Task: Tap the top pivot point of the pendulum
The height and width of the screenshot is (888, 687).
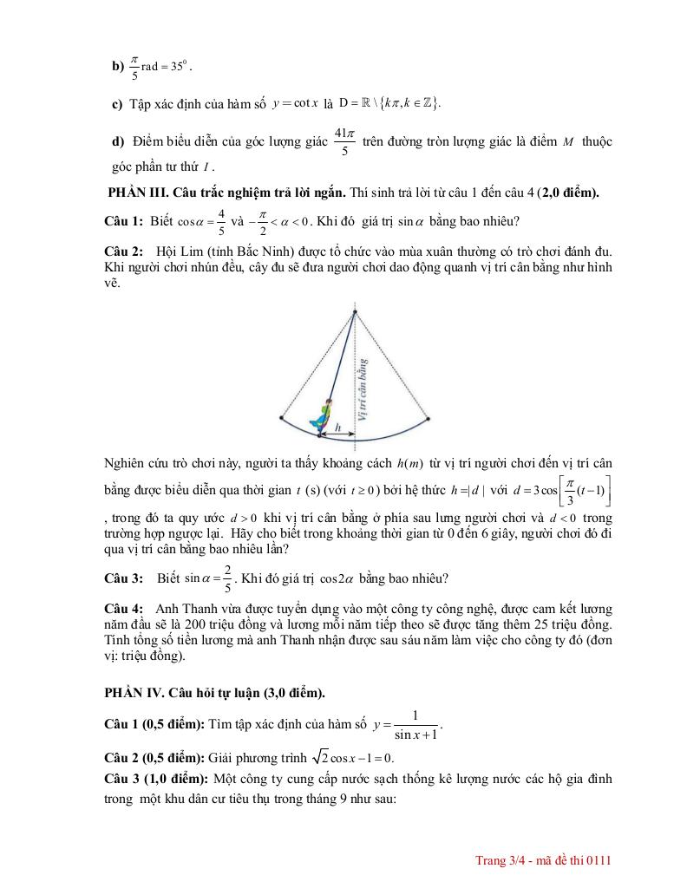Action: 354,310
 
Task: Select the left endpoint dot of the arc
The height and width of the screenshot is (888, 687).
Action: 282,418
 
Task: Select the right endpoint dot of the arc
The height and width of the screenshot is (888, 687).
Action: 427,418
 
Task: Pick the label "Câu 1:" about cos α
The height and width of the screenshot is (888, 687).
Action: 123,221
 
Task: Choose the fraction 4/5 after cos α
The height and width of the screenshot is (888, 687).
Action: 221,221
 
